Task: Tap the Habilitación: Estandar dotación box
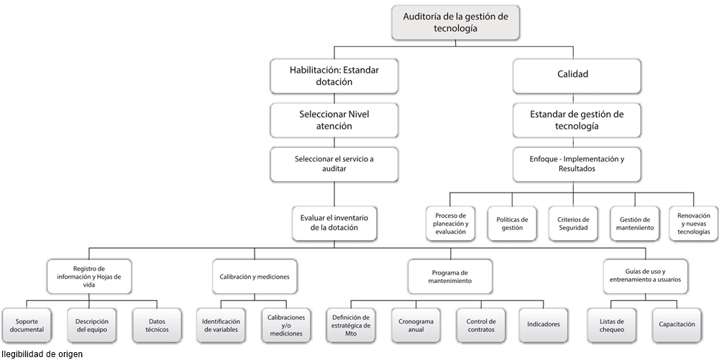(x=334, y=75)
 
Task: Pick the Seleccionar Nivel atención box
(x=334, y=119)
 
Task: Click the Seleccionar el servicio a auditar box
(x=334, y=164)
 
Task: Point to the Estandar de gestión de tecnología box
(x=577, y=119)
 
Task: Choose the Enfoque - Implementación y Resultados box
(x=577, y=164)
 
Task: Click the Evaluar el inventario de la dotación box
(x=334, y=223)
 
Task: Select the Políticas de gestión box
(x=512, y=223)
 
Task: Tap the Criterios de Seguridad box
(x=573, y=223)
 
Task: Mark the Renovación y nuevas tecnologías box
(x=693, y=223)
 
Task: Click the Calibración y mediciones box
(x=255, y=277)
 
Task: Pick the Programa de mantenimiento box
(x=451, y=277)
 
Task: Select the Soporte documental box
(x=27, y=325)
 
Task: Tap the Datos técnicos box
(x=157, y=325)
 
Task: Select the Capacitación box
(x=677, y=325)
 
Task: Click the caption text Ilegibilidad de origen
(x=42, y=354)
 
